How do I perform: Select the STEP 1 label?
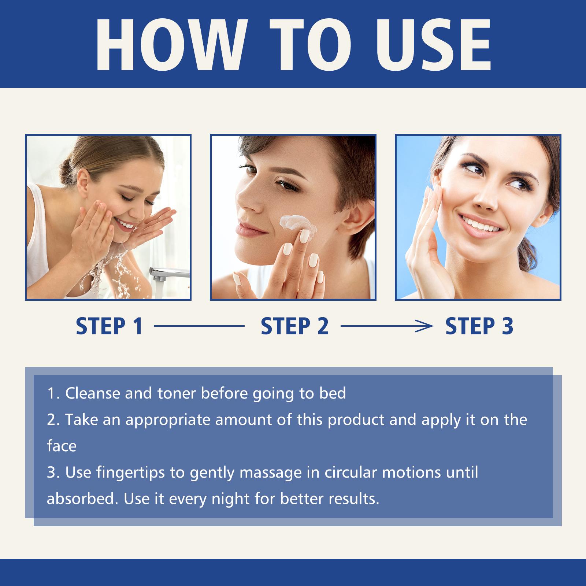coord(109,326)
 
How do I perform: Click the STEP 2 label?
coord(295,326)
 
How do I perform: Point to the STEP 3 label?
coord(479,326)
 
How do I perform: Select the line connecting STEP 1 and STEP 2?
coord(199,326)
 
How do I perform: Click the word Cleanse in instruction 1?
coord(93,393)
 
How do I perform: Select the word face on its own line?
coord(62,446)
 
